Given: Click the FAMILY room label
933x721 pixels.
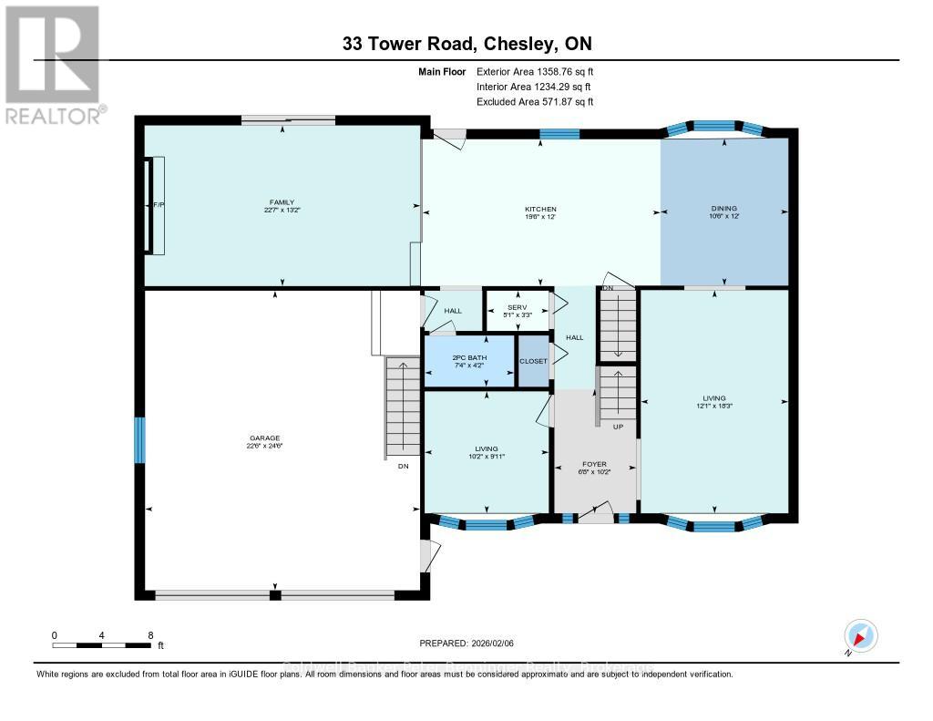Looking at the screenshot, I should (x=282, y=202).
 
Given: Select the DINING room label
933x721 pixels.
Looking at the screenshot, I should (x=723, y=208).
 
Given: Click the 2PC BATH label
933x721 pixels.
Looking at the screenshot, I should (x=469, y=357).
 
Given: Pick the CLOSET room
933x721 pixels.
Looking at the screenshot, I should (x=534, y=361).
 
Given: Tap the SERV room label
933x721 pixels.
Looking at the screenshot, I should (x=518, y=306).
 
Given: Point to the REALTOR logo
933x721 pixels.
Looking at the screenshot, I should (x=52, y=64).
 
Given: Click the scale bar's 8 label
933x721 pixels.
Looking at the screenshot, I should (x=149, y=634).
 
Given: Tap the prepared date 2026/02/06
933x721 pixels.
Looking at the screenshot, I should (x=466, y=643).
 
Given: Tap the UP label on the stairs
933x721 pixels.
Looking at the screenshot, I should (x=617, y=426).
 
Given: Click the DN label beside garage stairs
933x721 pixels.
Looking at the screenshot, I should (x=403, y=466).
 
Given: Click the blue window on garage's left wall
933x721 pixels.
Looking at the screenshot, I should (x=140, y=440).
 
